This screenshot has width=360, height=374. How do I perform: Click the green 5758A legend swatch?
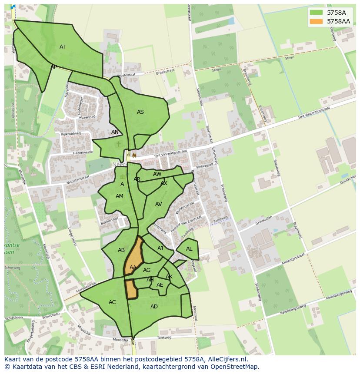(317, 13)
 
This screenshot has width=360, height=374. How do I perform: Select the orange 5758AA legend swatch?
(317, 21)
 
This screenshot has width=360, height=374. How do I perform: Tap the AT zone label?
(63, 47)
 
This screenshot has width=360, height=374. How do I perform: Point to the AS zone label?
(140, 112)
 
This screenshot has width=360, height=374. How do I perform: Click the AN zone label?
(115, 132)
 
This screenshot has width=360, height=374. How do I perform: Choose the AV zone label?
(159, 204)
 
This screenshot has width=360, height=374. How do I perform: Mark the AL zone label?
(189, 249)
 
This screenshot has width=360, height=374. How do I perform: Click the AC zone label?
(112, 302)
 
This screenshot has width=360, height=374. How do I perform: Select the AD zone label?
(154, 307)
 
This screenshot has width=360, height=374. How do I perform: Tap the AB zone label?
(121, 250)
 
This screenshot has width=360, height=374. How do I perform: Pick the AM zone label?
(120, 196)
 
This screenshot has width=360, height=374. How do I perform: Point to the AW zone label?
(157, 174)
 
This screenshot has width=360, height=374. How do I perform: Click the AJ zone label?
(160, 248)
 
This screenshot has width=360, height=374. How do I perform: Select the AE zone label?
(160, 285)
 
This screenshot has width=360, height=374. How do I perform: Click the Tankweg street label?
(164, 337)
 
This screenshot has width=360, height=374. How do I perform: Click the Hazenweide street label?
(83, 152)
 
